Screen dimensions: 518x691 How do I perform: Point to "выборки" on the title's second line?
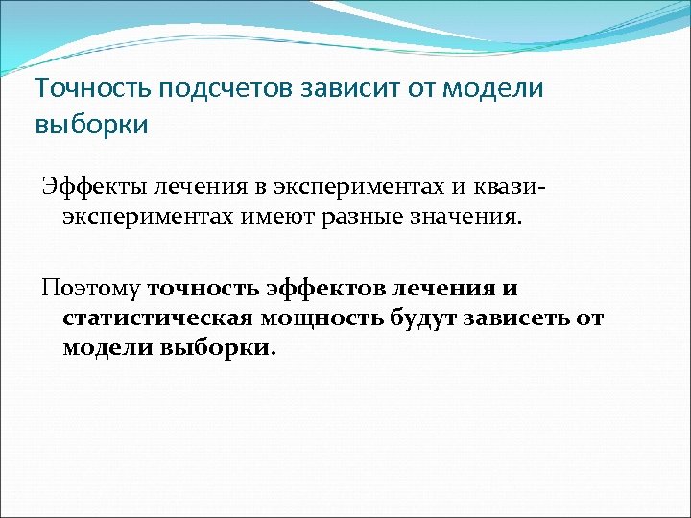click(x=91, y=125)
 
